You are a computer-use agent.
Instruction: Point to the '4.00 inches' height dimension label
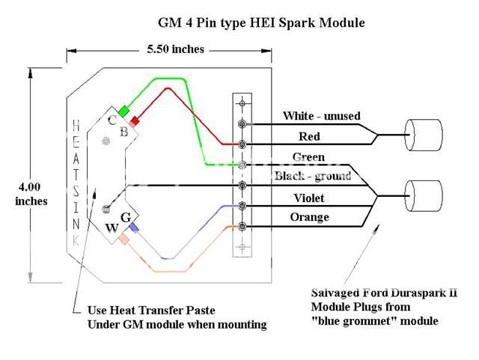click(x=31, y=194)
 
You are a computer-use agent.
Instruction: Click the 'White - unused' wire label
click(x=321, y=116)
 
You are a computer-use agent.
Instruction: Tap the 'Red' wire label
click(x=310, y=136)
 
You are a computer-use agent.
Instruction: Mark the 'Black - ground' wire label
click(x=314, y=176)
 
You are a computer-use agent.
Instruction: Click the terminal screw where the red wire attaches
click(x=242, y=143)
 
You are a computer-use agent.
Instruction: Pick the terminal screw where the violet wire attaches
click(x=242, y=205)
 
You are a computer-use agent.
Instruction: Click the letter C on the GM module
click(x=112, y=120)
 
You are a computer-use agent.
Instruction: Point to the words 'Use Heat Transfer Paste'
click(x=147, y=311)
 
